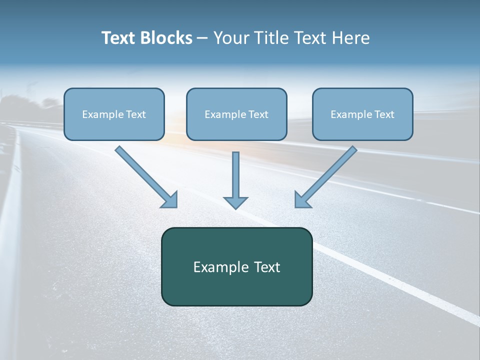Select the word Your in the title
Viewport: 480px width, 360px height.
tap(231, 38)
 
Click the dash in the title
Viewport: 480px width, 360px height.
tap(202, 38)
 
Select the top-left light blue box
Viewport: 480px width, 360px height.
tap(114, 114)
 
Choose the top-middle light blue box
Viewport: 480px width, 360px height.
tap(236, 114)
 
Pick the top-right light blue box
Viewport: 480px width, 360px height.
tap(362, 114)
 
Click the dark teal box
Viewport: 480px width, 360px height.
tap(236, 266)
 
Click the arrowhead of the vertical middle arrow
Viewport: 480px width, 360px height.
tap(235, 202)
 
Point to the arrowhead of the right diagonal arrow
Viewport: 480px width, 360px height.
tap(301, 200)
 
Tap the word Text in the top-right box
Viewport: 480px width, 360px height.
tap(384, 114)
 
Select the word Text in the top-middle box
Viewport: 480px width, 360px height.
tap(258, 114)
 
